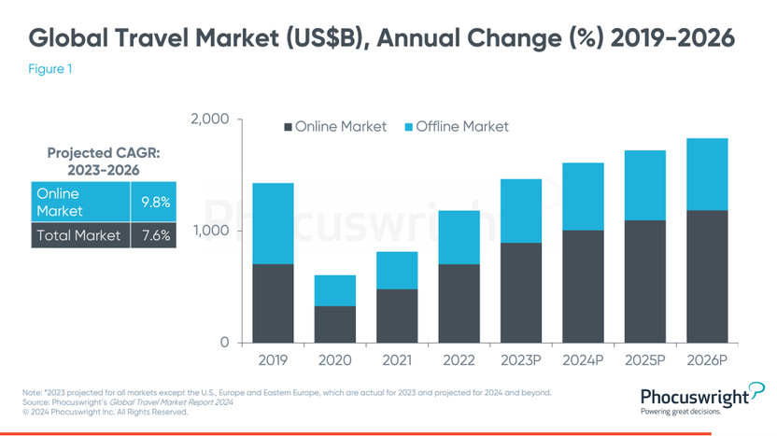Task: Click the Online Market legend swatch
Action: point(288,126)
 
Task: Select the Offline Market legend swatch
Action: point(408,126)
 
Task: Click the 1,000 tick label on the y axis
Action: point(211,231)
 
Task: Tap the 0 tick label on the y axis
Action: point(224,343)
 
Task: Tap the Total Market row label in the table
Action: point(78,235)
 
